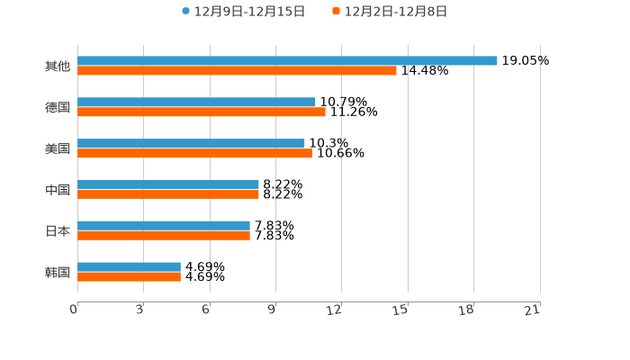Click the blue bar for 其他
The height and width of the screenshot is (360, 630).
287,61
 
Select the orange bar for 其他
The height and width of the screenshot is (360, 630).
237,71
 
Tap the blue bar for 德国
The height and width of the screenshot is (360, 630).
196,103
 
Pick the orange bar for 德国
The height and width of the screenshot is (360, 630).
202,112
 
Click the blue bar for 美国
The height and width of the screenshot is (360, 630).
191,144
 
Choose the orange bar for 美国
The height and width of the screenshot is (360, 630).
194,154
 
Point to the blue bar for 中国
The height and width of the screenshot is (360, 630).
168,184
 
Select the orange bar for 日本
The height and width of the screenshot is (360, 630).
164,236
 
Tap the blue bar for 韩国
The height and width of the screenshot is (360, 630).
129,267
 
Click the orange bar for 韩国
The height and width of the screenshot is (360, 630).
129,277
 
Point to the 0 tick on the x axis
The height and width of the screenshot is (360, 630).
75,310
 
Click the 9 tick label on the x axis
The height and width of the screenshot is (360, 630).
272,310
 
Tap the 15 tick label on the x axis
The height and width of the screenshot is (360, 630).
401,310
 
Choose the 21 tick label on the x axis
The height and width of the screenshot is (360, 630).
533,310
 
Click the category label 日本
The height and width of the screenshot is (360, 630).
58,231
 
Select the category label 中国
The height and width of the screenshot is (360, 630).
58,190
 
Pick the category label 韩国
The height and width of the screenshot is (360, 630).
58,273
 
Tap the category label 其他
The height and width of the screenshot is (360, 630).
58,67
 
